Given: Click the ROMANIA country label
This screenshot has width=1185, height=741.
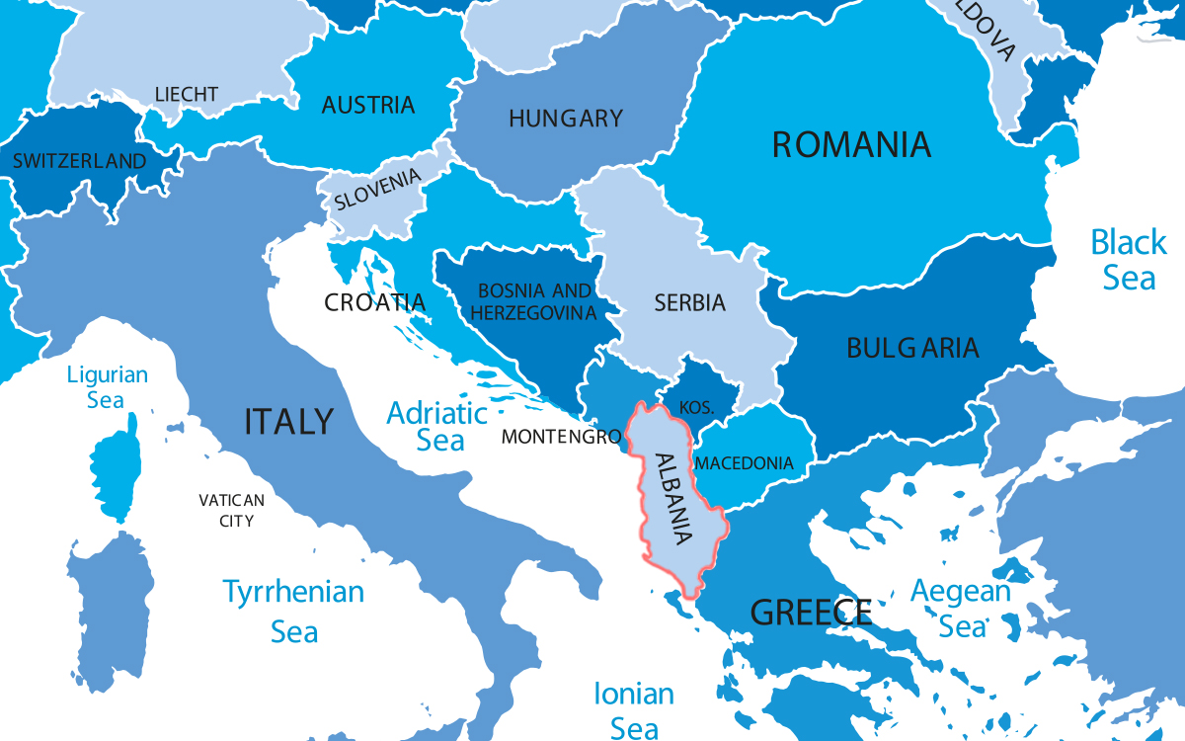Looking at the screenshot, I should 850,145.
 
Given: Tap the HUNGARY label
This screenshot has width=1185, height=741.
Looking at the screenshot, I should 566,119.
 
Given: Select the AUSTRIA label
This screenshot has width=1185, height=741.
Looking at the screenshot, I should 368,105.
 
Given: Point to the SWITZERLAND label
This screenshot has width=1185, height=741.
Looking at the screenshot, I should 79,161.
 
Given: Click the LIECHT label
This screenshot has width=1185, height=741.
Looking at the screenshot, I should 187,95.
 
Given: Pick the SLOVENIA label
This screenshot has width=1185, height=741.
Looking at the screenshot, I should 378,188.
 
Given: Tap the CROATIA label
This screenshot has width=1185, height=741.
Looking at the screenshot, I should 375,302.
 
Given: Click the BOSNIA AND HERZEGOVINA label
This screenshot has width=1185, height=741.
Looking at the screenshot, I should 534,302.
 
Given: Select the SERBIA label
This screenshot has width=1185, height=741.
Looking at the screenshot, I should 689,303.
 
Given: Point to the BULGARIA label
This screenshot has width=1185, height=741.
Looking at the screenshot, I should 912,348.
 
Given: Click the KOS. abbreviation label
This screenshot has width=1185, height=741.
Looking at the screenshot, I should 695,408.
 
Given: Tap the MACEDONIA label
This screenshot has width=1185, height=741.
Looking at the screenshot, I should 745,462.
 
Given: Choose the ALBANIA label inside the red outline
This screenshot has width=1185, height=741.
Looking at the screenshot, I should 666,499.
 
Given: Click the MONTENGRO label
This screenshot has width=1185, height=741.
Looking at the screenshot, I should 561,436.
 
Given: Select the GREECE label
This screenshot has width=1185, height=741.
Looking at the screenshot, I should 812,613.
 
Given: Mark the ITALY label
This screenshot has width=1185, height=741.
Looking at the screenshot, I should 289,422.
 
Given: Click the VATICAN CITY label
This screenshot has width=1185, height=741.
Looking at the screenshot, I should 231,510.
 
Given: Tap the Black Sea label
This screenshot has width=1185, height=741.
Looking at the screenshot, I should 1129,259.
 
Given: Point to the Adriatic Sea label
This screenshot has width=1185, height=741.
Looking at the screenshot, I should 437,426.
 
